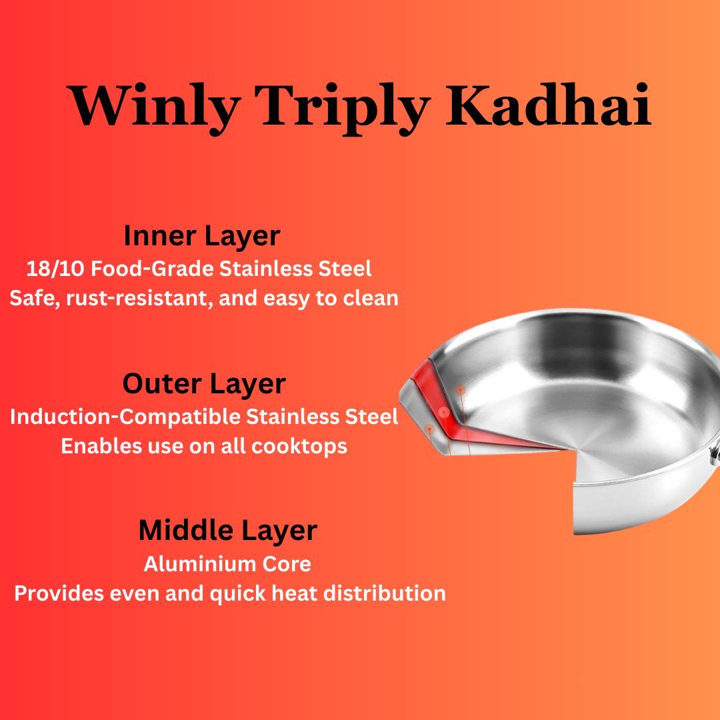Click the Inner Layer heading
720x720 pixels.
click(x=202, y=236)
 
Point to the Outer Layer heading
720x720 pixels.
click(x=204, y=384)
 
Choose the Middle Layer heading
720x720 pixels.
click(x=228, y=531)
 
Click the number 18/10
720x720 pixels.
click(x=56, y=269)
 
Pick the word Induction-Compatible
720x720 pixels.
click(x=125, y=417)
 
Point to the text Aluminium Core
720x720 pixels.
click(x=227, y=564)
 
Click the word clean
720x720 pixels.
click(x=371, y=298)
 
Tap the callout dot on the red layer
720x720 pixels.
click(x=444, y=413)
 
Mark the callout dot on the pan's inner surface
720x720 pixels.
click(x=460, y=389)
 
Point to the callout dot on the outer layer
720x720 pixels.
click(x=429, y=429)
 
